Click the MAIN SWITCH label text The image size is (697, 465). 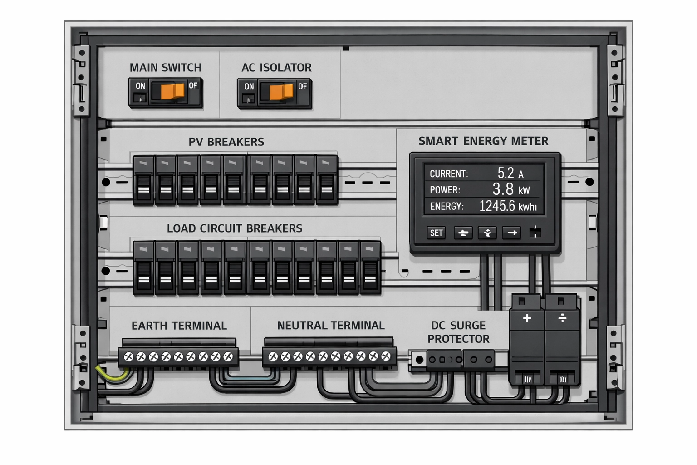pyautogui.click(x=166, y=68)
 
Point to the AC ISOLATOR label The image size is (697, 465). pyautogui.click(x=276, y=68)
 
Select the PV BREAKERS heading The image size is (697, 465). pyautogui.click(x=226, y=142)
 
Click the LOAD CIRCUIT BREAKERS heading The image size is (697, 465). pyautogui.click(x=234, y=228)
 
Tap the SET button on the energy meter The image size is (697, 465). pyautogui.click(x=436, y=233)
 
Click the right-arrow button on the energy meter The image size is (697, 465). pyautogui.click(x=512, y=233)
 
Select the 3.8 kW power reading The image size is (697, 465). pyautogui.click(x=510, y=189)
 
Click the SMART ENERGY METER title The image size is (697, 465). pyautogui.click(x=483, y=141)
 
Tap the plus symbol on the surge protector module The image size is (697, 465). pyautogui.click(x=527, y=318)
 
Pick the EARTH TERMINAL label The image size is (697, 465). pyautogui.click(x=179, y=326)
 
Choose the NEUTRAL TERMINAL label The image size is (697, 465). pyautogui.click(x=331, y=326)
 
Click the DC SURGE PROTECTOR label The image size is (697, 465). pyautogui.click(x=458, y=332)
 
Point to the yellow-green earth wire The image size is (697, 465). pyautogui.click(x=111, y=375)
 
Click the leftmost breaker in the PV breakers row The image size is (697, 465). pyautogui.click(x=144, y=181)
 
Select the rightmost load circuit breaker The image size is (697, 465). pyautogui.click(x=370, y=268)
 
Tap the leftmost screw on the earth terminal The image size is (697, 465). pyautogui.click(x=128, y=357)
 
